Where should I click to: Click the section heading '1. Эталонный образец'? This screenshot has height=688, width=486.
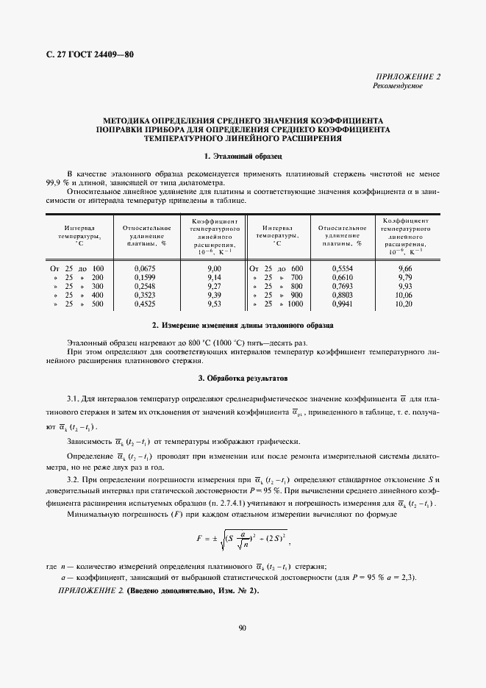click(x=243, y=156)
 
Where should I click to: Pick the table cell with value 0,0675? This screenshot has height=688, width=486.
click(x=145, y=269)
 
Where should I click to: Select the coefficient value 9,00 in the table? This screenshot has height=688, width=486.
click(x=214, y=269)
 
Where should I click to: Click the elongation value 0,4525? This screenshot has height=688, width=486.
click(x=145, y=303)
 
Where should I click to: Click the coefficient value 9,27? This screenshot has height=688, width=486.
click(x=214, y=286)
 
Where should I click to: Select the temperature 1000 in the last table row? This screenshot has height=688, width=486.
click(x=295, y=303)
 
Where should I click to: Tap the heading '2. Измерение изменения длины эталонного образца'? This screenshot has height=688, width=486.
click(x=243, y=324)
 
